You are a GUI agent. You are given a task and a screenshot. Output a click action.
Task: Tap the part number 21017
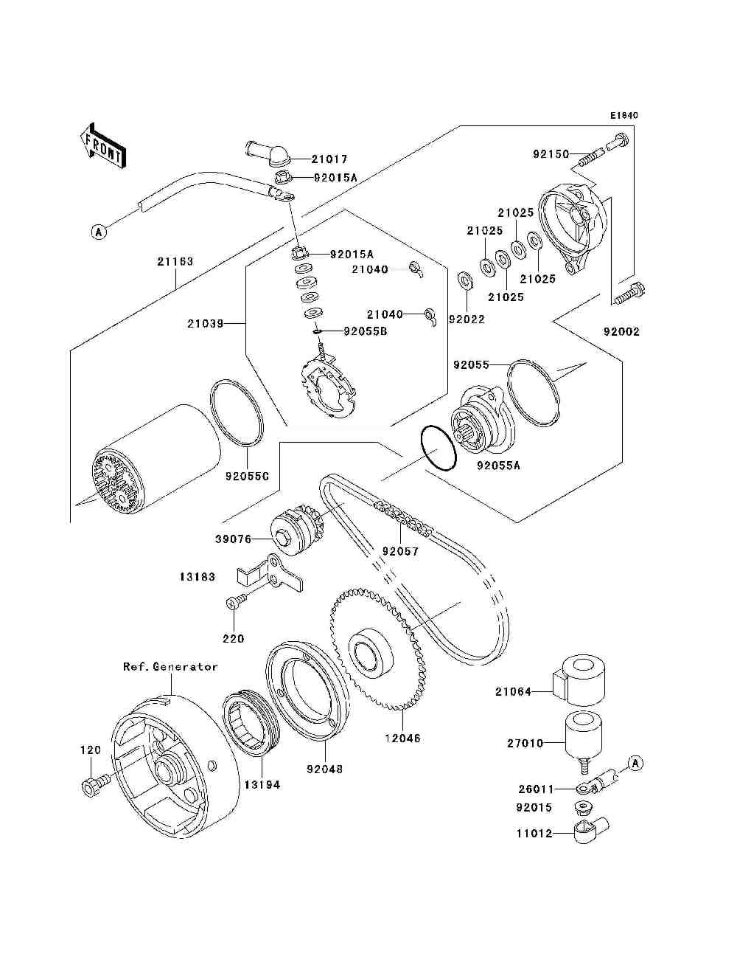coord(329,159)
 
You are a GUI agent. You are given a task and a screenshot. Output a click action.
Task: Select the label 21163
coord(175,261)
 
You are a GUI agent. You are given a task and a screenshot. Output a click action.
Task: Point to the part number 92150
coord(551,155)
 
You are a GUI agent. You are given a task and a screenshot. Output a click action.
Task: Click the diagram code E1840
coord(624,116)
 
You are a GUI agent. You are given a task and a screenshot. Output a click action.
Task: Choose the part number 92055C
coord(247,476)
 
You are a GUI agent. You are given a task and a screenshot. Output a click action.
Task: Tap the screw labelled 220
coord(234,603)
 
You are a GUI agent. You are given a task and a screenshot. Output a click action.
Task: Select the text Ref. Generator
coord(170,667)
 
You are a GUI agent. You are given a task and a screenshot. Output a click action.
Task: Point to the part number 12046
coord(402,737)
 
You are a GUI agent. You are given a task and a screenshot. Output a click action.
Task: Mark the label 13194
coord(262,784)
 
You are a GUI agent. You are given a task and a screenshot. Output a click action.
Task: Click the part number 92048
coord(325,769)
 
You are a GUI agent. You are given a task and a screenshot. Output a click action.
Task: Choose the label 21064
coord(513,692)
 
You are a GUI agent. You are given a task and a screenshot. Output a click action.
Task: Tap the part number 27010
coord(525,744)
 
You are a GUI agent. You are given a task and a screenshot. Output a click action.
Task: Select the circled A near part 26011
coord(636,763)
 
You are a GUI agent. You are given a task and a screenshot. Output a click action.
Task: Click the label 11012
coord(534,834)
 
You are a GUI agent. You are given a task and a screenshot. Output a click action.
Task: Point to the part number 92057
coord(400,551)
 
